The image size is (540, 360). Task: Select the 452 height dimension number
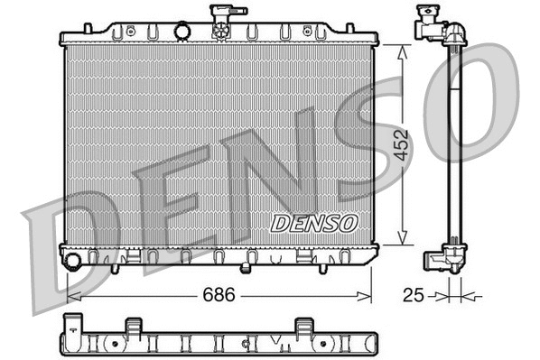pos(402,145)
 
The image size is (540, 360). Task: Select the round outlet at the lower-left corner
pos(73,262)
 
